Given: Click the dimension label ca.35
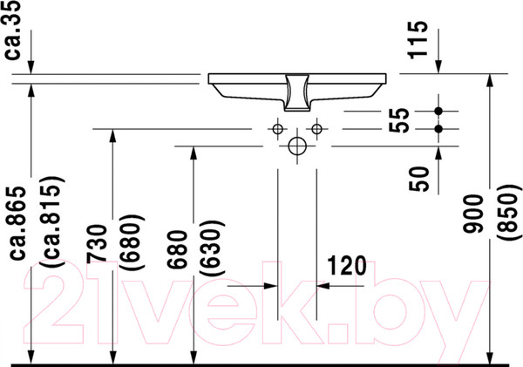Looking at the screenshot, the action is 13,30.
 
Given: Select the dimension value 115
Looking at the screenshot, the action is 418,40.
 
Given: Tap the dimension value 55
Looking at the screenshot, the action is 399,119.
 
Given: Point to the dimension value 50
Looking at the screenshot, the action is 419,179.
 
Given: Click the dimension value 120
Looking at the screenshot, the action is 347,266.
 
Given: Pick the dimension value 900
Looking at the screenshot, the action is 473,214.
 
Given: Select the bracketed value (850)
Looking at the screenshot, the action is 509,211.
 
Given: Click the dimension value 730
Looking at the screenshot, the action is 97,244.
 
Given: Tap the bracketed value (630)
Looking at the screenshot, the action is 212,248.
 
